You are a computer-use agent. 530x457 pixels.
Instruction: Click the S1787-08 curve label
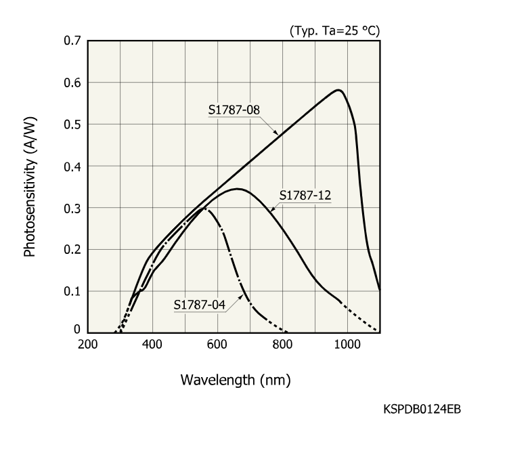233,108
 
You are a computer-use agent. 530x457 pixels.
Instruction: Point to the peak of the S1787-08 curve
338,89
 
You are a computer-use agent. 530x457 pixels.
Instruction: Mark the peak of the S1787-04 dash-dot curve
204,209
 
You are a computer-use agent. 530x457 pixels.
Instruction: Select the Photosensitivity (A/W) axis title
30,187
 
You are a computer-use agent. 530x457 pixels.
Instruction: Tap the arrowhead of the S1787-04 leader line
245,295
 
